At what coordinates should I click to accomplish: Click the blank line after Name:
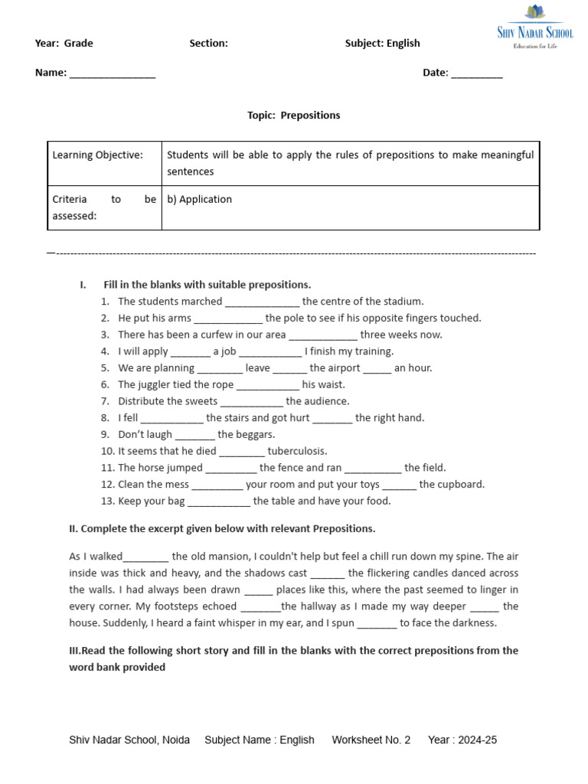[113, 74]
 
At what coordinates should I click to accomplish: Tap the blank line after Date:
[477, 74]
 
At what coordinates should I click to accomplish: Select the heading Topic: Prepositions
[293, 116]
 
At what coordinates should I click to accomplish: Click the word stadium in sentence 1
[404, 302]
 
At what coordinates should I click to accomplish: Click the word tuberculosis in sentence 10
[297, 451]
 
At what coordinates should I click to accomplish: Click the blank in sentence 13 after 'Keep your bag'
[219, 502]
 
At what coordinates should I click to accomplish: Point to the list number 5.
[105, 368]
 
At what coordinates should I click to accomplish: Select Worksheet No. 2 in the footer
[371, 740]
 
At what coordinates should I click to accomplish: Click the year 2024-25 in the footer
[475, 740]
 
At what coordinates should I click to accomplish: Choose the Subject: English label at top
[382, 44]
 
